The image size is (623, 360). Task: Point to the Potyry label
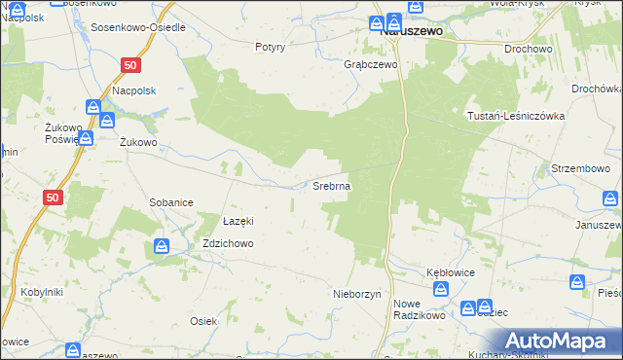(x=270, y=47)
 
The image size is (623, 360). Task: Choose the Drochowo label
(x=528, y=48)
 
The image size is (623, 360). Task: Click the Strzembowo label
(x=580, y=168)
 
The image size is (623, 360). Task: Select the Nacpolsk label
(x=134, y=90)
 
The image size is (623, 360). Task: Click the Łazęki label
(x=238, y=220)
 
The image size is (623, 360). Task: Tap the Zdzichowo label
(x=228, y=244)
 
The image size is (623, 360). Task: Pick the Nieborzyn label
(x=356, y=293)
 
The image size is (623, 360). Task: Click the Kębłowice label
(x=451, y=272)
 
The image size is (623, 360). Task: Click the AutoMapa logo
(x=559, y=341)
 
